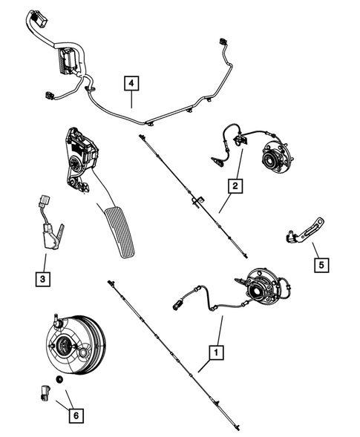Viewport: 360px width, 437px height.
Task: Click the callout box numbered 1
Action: [215, 352]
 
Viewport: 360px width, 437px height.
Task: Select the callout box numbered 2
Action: [235, 186]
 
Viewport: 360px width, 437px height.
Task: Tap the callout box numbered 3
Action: [44, 279]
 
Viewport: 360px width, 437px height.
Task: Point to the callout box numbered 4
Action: [131, 84]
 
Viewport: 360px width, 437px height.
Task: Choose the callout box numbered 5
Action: [319, 263]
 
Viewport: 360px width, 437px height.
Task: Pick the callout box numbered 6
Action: [74, 415]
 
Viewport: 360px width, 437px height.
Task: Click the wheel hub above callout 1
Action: [266, 288]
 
